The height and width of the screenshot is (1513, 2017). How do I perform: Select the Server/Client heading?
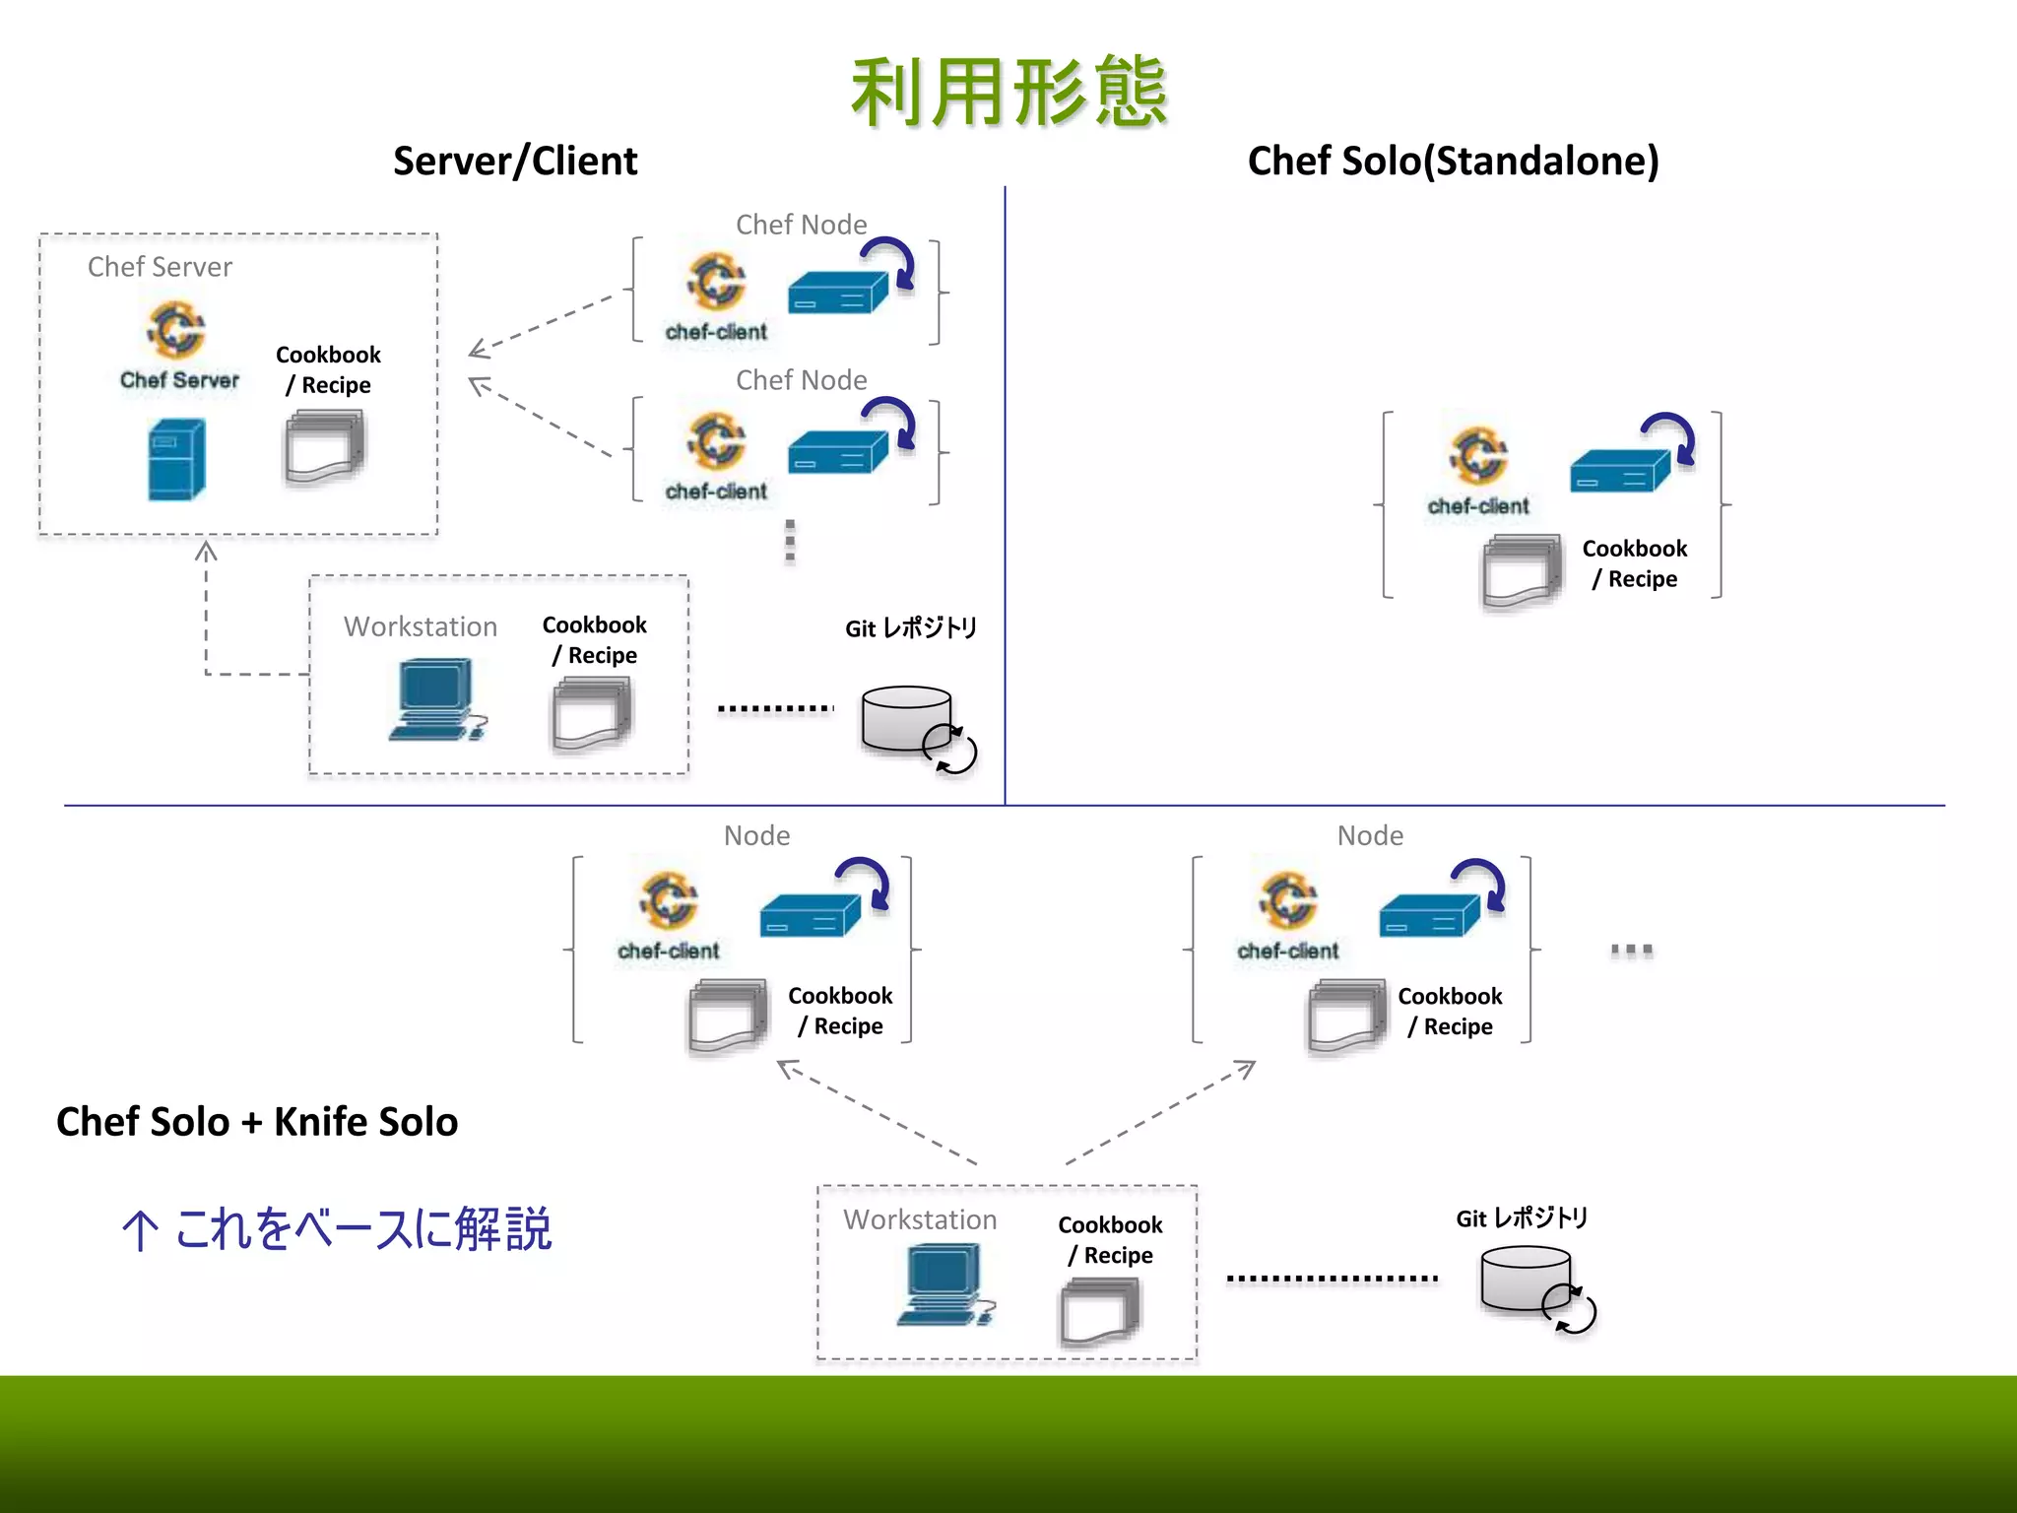515,161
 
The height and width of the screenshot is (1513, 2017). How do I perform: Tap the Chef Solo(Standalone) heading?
1453,161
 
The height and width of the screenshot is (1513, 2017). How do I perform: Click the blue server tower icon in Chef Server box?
176,459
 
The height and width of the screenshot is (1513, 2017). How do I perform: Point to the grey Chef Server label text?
160,267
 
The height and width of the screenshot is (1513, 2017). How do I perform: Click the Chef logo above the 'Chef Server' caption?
176,330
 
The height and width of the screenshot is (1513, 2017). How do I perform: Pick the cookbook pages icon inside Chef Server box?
324,449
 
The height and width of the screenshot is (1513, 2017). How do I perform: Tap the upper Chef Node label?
801,225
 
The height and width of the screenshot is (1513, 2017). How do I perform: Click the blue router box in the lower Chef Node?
837,453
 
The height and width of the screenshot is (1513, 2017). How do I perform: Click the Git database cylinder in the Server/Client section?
906,719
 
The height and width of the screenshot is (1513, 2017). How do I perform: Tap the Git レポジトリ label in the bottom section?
1522,1218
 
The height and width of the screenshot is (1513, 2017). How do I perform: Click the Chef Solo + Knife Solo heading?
257,1122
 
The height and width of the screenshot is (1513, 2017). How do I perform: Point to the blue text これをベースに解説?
362,1229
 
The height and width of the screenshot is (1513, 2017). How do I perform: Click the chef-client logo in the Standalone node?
1477,456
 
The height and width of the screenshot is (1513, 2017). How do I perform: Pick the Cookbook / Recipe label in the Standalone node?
1634,563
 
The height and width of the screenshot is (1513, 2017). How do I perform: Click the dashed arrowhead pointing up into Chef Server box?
206,552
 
